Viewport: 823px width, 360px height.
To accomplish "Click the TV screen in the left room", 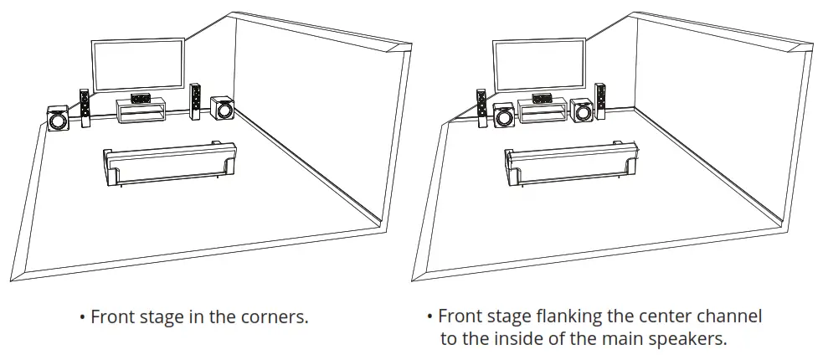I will (138, 67).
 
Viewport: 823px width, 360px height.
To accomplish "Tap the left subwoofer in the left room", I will (58, 119).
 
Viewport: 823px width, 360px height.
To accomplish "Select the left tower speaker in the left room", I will (85, 108).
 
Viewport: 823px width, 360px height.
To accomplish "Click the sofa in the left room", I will (168, 163).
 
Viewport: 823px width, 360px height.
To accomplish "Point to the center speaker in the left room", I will (141, 98).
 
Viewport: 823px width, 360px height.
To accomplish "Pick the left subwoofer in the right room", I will (505, 116).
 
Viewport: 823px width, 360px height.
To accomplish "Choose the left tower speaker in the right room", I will (481, 109).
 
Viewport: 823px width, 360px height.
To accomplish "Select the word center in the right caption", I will (670, 316).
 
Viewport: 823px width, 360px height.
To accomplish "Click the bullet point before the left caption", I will (82, 317).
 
